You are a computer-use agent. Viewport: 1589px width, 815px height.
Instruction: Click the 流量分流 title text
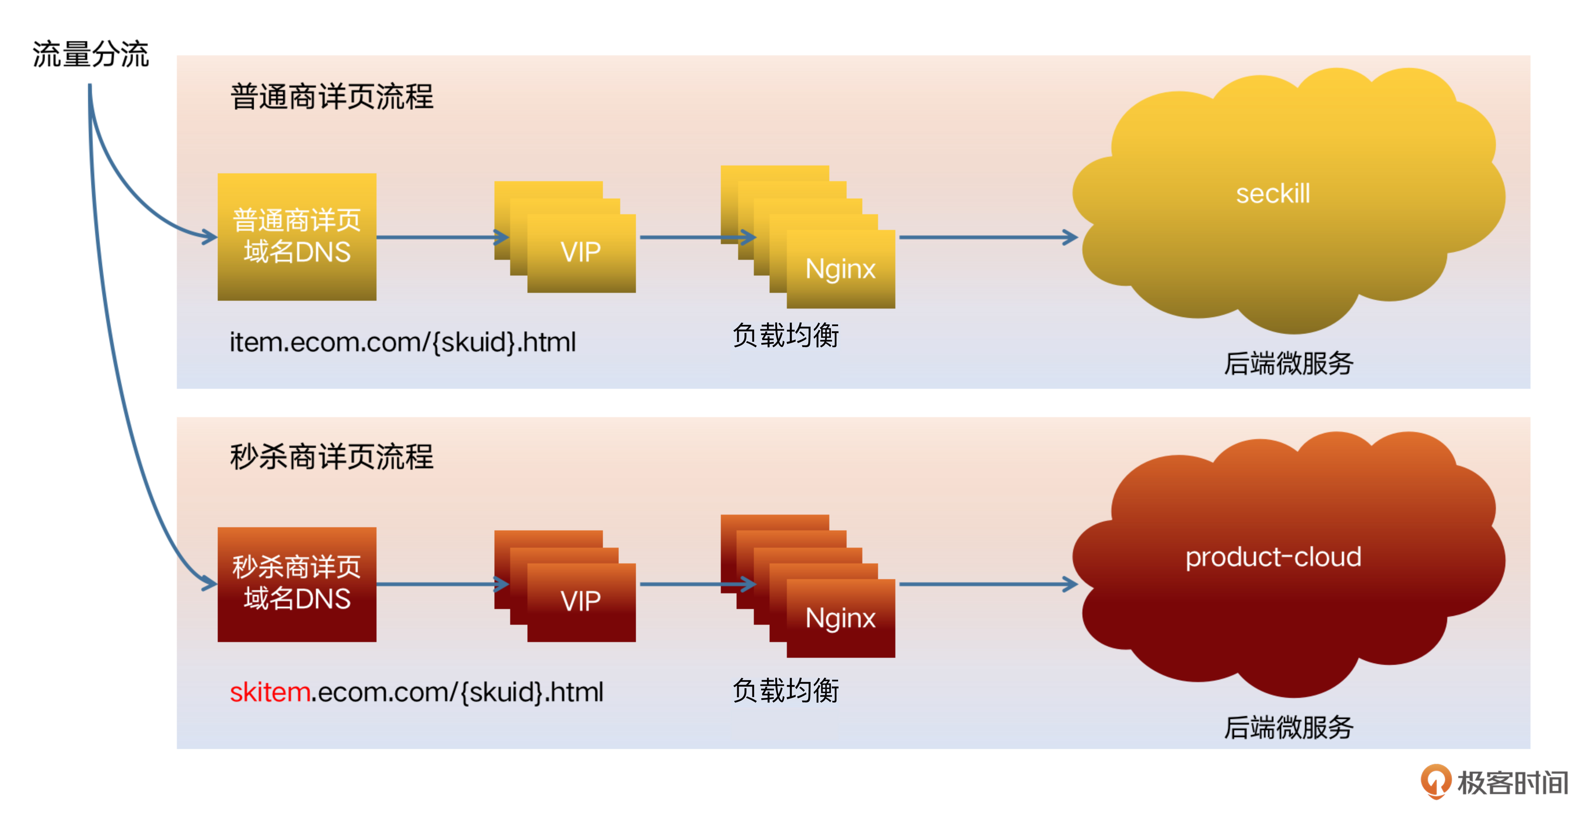click(91, 54)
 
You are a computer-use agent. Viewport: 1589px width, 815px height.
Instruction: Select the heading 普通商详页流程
click(332, 97)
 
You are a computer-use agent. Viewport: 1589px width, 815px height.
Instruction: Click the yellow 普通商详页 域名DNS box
click(297, 237)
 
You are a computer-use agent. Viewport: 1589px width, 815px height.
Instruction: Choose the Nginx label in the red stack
click(840, 618)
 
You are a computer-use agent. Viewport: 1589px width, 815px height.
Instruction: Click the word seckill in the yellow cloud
click(1273, 194)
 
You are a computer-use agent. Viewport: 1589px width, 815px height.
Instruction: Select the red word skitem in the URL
click(270, 692)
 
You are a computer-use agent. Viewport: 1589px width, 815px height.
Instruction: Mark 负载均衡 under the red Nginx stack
click(785, 690)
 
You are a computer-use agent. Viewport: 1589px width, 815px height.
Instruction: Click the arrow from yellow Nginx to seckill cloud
click(987, 237)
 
